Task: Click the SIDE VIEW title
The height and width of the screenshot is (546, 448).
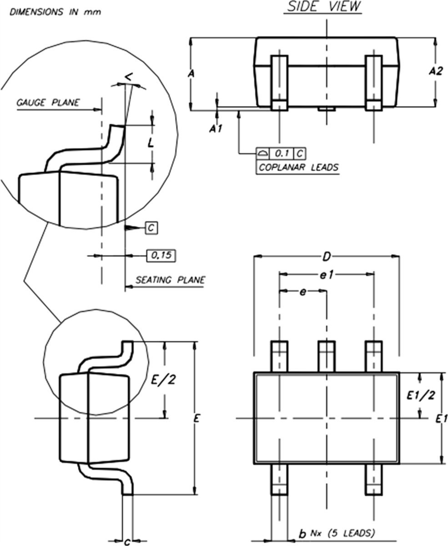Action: click(x=322, y=6)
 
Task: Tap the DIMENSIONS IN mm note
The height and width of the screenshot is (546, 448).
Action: click(x=55, y=12)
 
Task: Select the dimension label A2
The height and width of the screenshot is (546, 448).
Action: click(x=435, y=71)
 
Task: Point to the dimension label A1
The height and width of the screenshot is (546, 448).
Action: click(x=216, y=129)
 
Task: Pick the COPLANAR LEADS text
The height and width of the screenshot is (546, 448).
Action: click(x=298, y=167)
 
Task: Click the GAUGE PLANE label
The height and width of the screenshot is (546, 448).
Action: click(x=48, y=103)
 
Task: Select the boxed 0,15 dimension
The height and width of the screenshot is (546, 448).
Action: click(x=161, y=256)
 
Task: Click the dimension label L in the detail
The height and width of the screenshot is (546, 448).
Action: click(x=151, y=143)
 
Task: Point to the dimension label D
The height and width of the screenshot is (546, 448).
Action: click(x=326, y=257)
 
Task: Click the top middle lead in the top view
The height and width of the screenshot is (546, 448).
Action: click(x=327, y=356)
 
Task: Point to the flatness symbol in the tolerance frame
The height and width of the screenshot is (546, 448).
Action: click(x=263, y=153)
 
